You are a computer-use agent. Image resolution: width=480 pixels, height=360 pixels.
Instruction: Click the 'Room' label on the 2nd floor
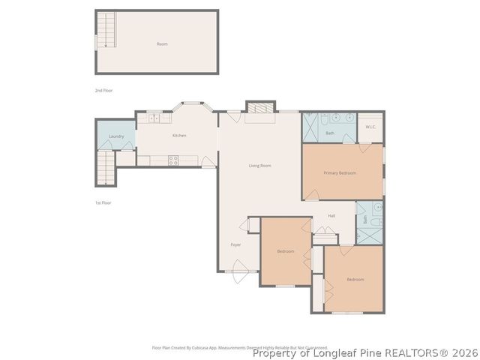[x=162, y=44]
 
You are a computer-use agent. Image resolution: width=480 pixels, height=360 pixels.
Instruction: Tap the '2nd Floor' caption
[x=103, y=91]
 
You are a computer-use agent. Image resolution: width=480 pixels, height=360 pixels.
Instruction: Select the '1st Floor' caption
[x=103, y=202]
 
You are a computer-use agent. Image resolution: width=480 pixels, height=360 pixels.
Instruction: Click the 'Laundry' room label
[x=116, y=136]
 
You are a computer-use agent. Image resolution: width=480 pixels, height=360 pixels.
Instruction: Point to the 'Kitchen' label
[x=179, y=136]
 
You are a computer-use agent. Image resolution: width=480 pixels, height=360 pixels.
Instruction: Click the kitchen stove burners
[x=173, y=159]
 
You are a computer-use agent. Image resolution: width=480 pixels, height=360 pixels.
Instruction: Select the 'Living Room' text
[x=260, y=165]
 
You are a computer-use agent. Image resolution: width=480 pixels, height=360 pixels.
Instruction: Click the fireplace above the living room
[x=261, y=107]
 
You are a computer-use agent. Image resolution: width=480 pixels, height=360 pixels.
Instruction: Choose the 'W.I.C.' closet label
[x=370, y=127]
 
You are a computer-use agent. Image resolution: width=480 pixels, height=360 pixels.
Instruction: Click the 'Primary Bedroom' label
[x=340, y=173]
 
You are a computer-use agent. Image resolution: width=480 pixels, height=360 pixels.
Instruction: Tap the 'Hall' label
[x=331, y=216]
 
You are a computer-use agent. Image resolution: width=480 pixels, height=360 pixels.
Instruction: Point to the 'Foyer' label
[x=235, y=244]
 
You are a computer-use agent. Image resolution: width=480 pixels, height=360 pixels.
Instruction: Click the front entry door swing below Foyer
[x=239, y=268]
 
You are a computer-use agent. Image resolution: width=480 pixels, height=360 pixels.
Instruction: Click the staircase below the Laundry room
[x=106, y=167]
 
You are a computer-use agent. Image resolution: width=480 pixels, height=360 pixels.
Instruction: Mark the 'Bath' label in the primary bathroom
[x=330, y=133]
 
